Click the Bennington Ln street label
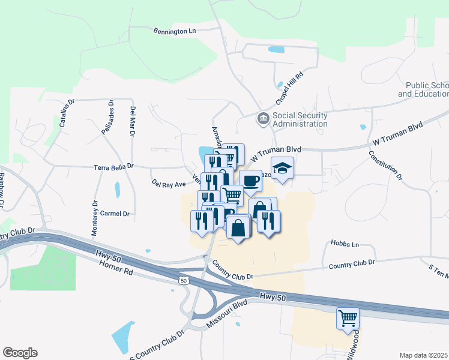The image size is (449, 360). [x=175, y=30]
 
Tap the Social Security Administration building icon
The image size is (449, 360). [x=263, y=118]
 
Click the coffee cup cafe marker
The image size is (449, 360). [x=250, y=181]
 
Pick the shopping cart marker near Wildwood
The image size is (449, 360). [x=348, y=318]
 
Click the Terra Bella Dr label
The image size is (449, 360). [x=113, y=166]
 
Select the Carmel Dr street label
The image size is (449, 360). [x=115, y=214]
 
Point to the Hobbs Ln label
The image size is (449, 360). [x=345, y=244]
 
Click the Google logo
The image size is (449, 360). [x=20, y=353]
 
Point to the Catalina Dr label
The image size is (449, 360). [x=66, y=113]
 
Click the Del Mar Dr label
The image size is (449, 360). [x=133, y=122]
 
